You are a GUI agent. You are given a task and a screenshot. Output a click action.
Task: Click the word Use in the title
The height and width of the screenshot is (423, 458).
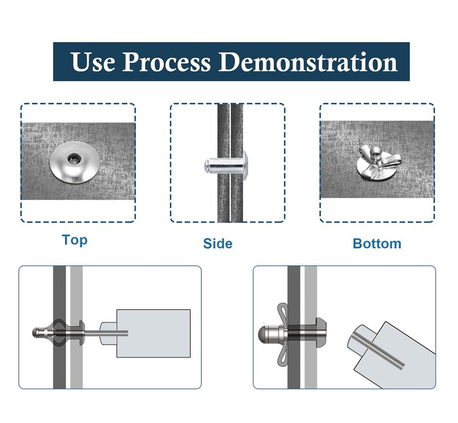93,62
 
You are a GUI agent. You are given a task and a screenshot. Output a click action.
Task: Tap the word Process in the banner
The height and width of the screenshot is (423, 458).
167,62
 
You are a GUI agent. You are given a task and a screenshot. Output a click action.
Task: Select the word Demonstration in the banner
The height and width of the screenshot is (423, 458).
308,62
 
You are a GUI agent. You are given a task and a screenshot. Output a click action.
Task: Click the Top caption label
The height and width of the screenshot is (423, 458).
75,241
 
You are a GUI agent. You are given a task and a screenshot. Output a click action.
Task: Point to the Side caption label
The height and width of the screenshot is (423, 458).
218,243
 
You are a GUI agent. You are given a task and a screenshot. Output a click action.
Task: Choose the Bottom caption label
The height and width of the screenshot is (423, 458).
377,243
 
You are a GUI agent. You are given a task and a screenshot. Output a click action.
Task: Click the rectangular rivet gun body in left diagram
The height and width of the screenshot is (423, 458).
153,333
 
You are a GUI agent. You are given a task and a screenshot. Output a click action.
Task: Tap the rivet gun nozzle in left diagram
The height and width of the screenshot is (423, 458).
109,333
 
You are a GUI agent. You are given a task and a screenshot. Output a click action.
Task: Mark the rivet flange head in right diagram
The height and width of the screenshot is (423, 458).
321,332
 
